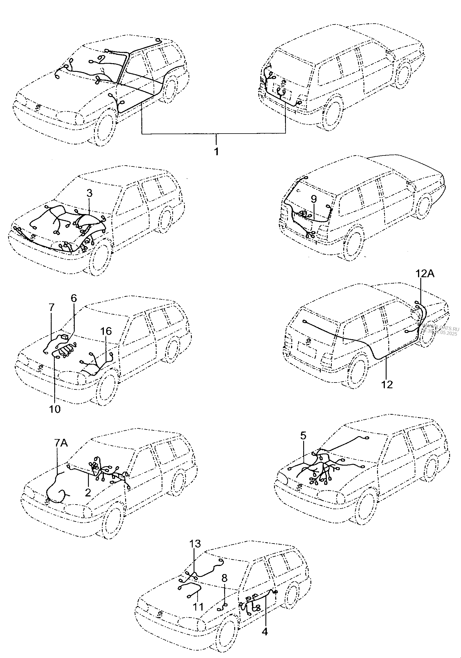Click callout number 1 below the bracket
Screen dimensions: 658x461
pos(216,151)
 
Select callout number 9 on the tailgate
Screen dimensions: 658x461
pos(314,199)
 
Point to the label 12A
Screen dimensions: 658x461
pos(425,273)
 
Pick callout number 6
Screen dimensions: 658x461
pos(74,298)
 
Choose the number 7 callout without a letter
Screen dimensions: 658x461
pos(51,307)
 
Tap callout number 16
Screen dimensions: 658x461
pos(106,331)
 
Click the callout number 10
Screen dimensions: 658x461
pos(55,409)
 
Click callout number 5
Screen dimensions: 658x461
pos(303,443)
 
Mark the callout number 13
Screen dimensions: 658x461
pos(195,543)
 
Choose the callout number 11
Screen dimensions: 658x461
pos(198,607)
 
